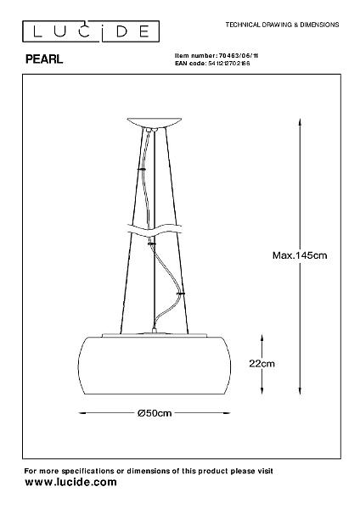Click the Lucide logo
[91, 31]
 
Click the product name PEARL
[44, 59]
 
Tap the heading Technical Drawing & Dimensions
[282, 25]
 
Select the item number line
[217, 56]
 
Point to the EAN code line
[212, 64]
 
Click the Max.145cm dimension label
[300, 255]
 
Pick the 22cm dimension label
[262, 363]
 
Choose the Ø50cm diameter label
[155, 413]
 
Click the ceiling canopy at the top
[155, 123]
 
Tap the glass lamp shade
[155, 366]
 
